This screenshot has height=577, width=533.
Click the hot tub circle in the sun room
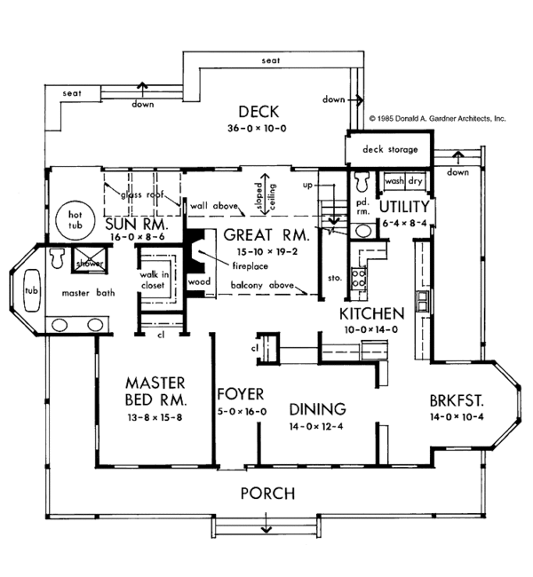tap(76, 219)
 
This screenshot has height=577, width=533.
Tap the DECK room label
tap(259, 112)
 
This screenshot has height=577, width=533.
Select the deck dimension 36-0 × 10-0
tap(257, 129)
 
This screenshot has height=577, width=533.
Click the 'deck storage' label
tap(390, 149)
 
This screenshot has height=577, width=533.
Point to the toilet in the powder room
tap(362, 181)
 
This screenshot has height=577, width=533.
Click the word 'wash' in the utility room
tap(394, 181)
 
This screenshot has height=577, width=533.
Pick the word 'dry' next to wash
tap(415, 181)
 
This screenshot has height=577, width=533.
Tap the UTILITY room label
tap(404, 207)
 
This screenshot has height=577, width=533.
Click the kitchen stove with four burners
tap(358, 278)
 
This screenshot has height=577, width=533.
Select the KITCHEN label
tap(371, 314)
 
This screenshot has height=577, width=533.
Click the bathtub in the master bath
tap(31, 290)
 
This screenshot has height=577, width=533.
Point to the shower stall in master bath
tap(89, 259)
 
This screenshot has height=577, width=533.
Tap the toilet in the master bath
tap(57, 258)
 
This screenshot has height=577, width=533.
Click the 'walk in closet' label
tap(154, 280)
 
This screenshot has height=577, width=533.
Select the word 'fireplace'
tap(251, 265)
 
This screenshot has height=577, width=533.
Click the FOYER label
tap(241, 394)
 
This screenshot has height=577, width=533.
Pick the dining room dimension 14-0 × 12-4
tap(316, 426)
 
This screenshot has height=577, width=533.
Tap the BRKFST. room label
tap(457, 400)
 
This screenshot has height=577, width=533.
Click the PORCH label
tap(267, 494)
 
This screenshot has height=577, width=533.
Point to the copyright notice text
tap(437, 118)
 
